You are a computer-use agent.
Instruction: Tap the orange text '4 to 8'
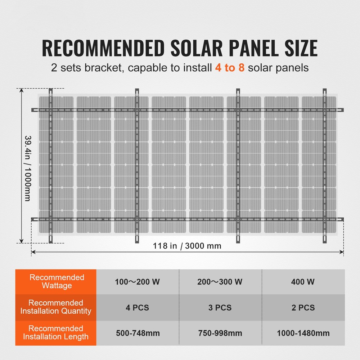click(229, 68)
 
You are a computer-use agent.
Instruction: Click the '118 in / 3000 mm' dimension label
click(187, 246)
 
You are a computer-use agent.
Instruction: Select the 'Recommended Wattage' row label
click(56, 282)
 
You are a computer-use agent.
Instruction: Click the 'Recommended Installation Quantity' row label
click(56, 307)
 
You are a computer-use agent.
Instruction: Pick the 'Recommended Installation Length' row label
click(56, 333)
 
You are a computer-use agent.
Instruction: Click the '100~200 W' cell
click(138, 282)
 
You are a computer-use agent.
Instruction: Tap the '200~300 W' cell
click(220, 282)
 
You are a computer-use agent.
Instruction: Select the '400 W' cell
click(303, 282)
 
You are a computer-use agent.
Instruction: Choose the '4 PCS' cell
click(138, 308)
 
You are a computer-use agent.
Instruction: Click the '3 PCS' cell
click(220, 308)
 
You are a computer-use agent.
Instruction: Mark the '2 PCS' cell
click(303, 308)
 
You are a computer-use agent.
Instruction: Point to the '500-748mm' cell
click(138, 333)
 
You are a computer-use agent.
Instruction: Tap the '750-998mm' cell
click(220, 333)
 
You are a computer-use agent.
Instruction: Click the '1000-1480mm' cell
click(303, 333)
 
